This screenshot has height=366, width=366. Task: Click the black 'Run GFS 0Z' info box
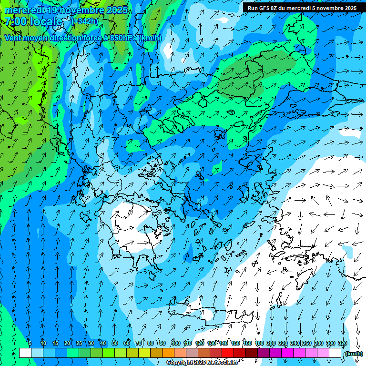pos(302,8)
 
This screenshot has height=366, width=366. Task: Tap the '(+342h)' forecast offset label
pos(85,21)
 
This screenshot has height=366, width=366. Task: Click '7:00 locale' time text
pos(34,21)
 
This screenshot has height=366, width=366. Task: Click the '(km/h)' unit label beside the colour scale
pos(353,354)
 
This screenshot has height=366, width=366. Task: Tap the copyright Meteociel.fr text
pos(202,363)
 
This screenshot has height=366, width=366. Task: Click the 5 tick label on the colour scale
pos(30,343)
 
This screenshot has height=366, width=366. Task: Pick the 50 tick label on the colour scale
pos(115,343)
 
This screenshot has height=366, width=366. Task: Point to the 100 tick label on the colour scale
pos(175,343)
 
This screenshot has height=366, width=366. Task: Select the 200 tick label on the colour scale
pos(271,343)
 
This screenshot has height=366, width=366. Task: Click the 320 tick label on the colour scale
pos(343,343)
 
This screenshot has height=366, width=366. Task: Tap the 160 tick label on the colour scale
pos(247,343)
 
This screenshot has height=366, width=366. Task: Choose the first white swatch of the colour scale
pos(25,353)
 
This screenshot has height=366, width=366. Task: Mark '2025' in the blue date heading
pos(117,10)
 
